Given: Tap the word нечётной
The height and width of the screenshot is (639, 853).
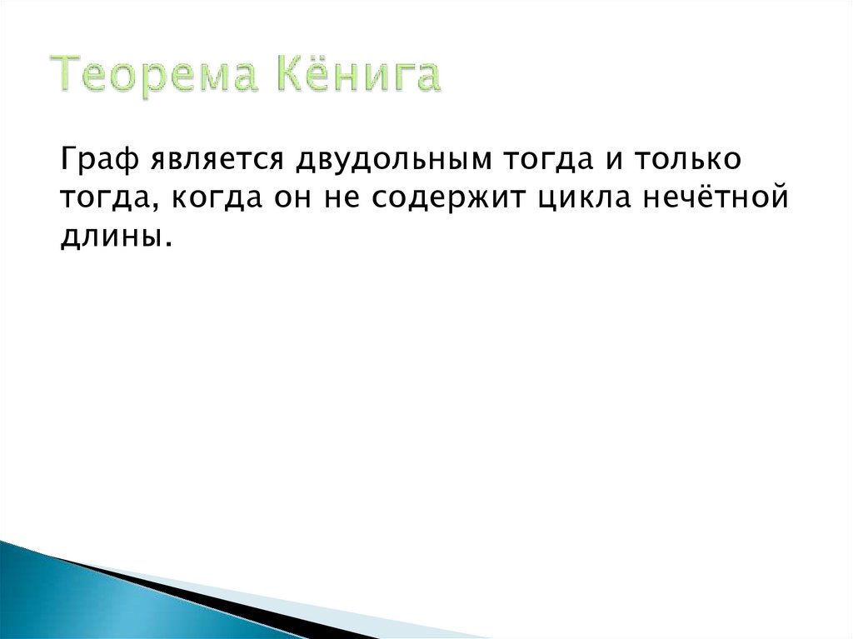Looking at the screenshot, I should pyautogui.click(x=717, y=198).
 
